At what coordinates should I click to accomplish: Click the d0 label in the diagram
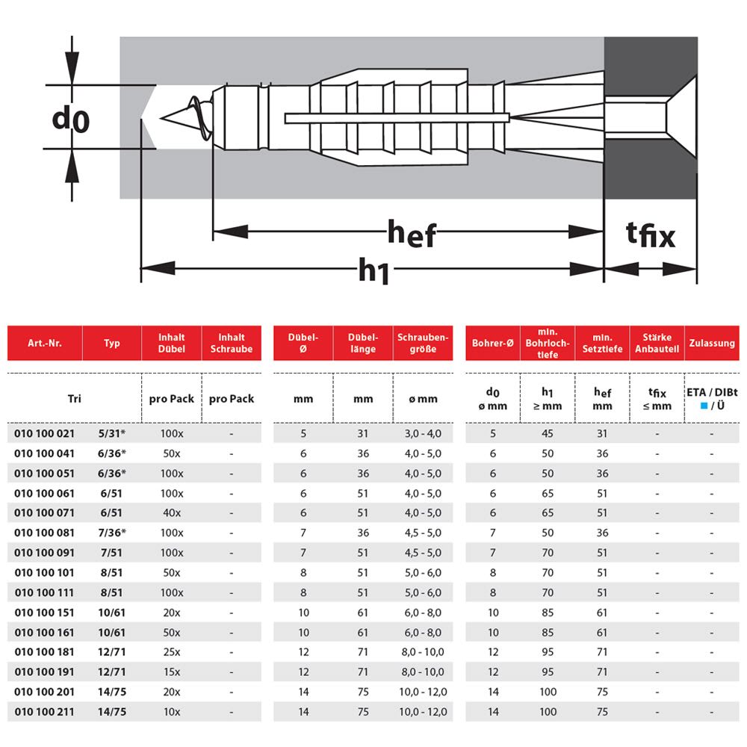coord(70,119)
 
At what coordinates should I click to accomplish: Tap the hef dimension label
coord(412,233)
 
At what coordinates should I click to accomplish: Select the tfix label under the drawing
coord(651,235)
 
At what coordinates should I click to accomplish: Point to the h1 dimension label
coord(373,270)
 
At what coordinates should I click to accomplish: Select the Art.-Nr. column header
coord(45,343)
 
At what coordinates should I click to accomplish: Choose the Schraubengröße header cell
coord(423,343)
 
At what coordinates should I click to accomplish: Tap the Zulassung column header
coord(712,343)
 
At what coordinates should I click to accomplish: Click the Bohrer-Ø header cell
coord(492,343)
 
